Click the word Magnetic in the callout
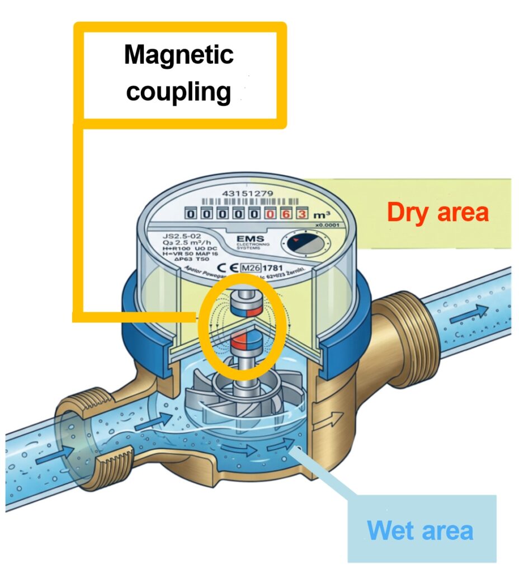[178, 55]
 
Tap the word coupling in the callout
[178, 91]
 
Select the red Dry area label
[437, 213]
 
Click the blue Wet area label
[420, 530]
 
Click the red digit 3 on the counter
[301, 214]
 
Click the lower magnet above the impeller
[244, 340]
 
